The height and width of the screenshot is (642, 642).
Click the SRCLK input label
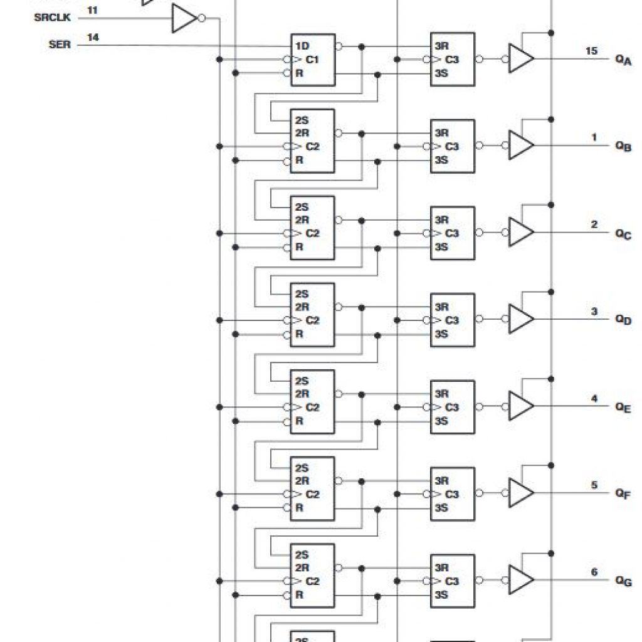point(53,18)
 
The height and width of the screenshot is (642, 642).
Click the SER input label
point(60,45)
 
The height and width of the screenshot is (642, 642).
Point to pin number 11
point(93,10)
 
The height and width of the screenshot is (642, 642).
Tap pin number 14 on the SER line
point(93,37)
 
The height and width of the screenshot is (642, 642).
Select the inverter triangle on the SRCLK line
point(185,18)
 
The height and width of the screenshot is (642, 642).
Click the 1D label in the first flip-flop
point(302,46)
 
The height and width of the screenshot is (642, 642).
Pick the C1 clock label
point(312,60)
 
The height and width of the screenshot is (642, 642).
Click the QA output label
point(624,60)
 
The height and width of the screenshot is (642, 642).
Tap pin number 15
point(591,51)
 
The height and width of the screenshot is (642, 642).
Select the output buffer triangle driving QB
point(521,145)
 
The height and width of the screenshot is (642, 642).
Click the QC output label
point(624,234)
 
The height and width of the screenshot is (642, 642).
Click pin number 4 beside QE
point(594,398)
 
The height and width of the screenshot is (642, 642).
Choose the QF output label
point(623,493)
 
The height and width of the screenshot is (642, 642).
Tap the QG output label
point(624,581)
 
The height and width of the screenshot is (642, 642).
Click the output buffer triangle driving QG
point(521,579)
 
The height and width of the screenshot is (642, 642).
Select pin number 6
point(594,572)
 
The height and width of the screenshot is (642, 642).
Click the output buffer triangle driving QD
point(521,318)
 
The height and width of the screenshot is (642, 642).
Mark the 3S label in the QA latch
point(441,73)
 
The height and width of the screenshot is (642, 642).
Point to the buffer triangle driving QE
point(521,406)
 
